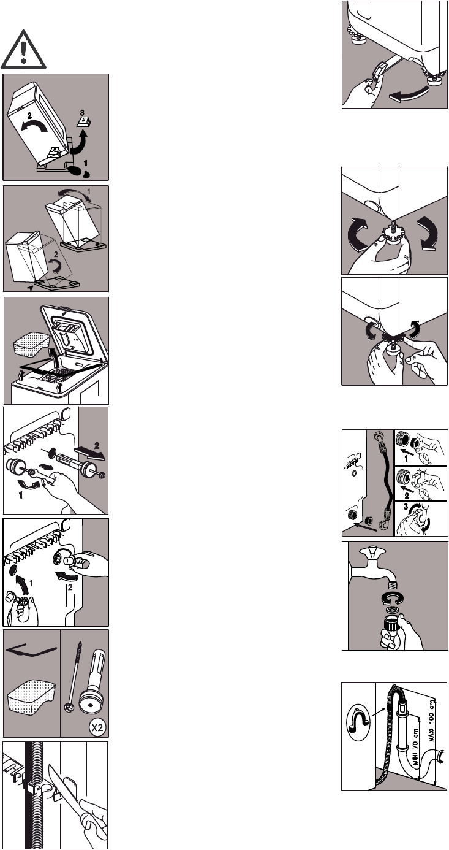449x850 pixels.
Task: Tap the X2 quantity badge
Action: [97, 727]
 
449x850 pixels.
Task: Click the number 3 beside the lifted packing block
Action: [82, 112]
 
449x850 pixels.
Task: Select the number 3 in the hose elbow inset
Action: [406, 507]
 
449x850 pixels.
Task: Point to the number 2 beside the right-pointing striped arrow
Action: [97, 446]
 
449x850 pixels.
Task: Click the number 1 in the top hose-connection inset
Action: [406, 459]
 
